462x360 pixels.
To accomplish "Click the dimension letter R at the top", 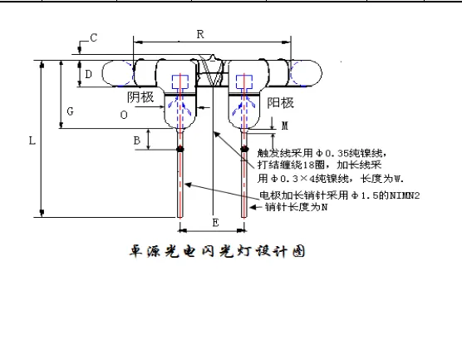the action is click(200, 34).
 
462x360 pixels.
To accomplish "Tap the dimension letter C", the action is click(93, 38).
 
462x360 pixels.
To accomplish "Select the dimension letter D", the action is click(88, 74).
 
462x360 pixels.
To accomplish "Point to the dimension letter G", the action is click(70, 111).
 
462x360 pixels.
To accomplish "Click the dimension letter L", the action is click(32, 141).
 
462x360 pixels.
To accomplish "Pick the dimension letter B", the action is click(137, 141).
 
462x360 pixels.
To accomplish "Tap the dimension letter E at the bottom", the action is click(216, 223).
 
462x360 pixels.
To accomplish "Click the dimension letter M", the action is click(285, 126).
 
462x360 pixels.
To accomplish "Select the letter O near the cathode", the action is click(124, 115).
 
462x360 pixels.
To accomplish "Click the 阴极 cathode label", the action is click(140, 97).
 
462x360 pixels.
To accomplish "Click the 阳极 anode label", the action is click(281, 103).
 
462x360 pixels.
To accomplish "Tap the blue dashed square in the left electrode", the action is click(180, 81).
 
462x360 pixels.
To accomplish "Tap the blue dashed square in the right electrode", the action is click(244, 82).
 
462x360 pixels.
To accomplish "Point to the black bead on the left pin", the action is click(180, 149).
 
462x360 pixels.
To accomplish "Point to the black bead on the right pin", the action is click(244, 149).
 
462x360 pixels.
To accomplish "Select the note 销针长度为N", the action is click(296, 207).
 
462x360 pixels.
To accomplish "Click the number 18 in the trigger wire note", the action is click(307, 165).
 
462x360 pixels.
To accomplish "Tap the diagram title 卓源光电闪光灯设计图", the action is click(217, 251).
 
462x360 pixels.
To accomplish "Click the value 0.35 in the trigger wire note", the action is click(337, 153).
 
